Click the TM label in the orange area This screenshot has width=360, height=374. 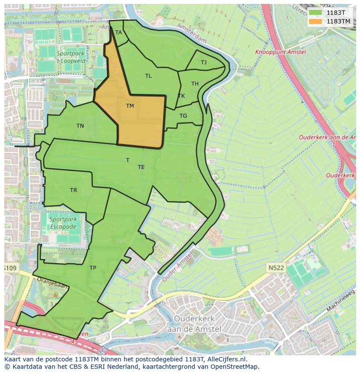(x=130, y=106)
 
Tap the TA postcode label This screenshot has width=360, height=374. (x=118, y=33)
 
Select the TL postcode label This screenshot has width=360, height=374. (x=148, y=76)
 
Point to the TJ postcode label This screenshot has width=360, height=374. (x=204, y=63)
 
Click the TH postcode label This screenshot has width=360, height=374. (x=195, y=84)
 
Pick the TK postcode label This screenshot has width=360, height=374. (x=181, y=96)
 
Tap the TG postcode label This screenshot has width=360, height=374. (x=183, y=116)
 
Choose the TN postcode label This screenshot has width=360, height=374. (x=80, y=126)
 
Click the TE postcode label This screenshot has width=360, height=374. (x=141, y=167)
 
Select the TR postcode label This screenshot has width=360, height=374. (x=73, y=190)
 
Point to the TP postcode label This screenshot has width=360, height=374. (x=93, y=268)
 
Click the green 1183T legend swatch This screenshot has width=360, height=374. (x=316, y=13)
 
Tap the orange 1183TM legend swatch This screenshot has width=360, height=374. (x=316, y=21)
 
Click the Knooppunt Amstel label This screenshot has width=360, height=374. (x=280, y=52)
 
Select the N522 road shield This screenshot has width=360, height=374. (x=276, y=268)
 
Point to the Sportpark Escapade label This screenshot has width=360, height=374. (x=63, y=223)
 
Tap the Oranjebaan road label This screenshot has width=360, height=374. (x=53, y=286)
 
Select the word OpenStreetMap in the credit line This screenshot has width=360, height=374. (x=235, y=367)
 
